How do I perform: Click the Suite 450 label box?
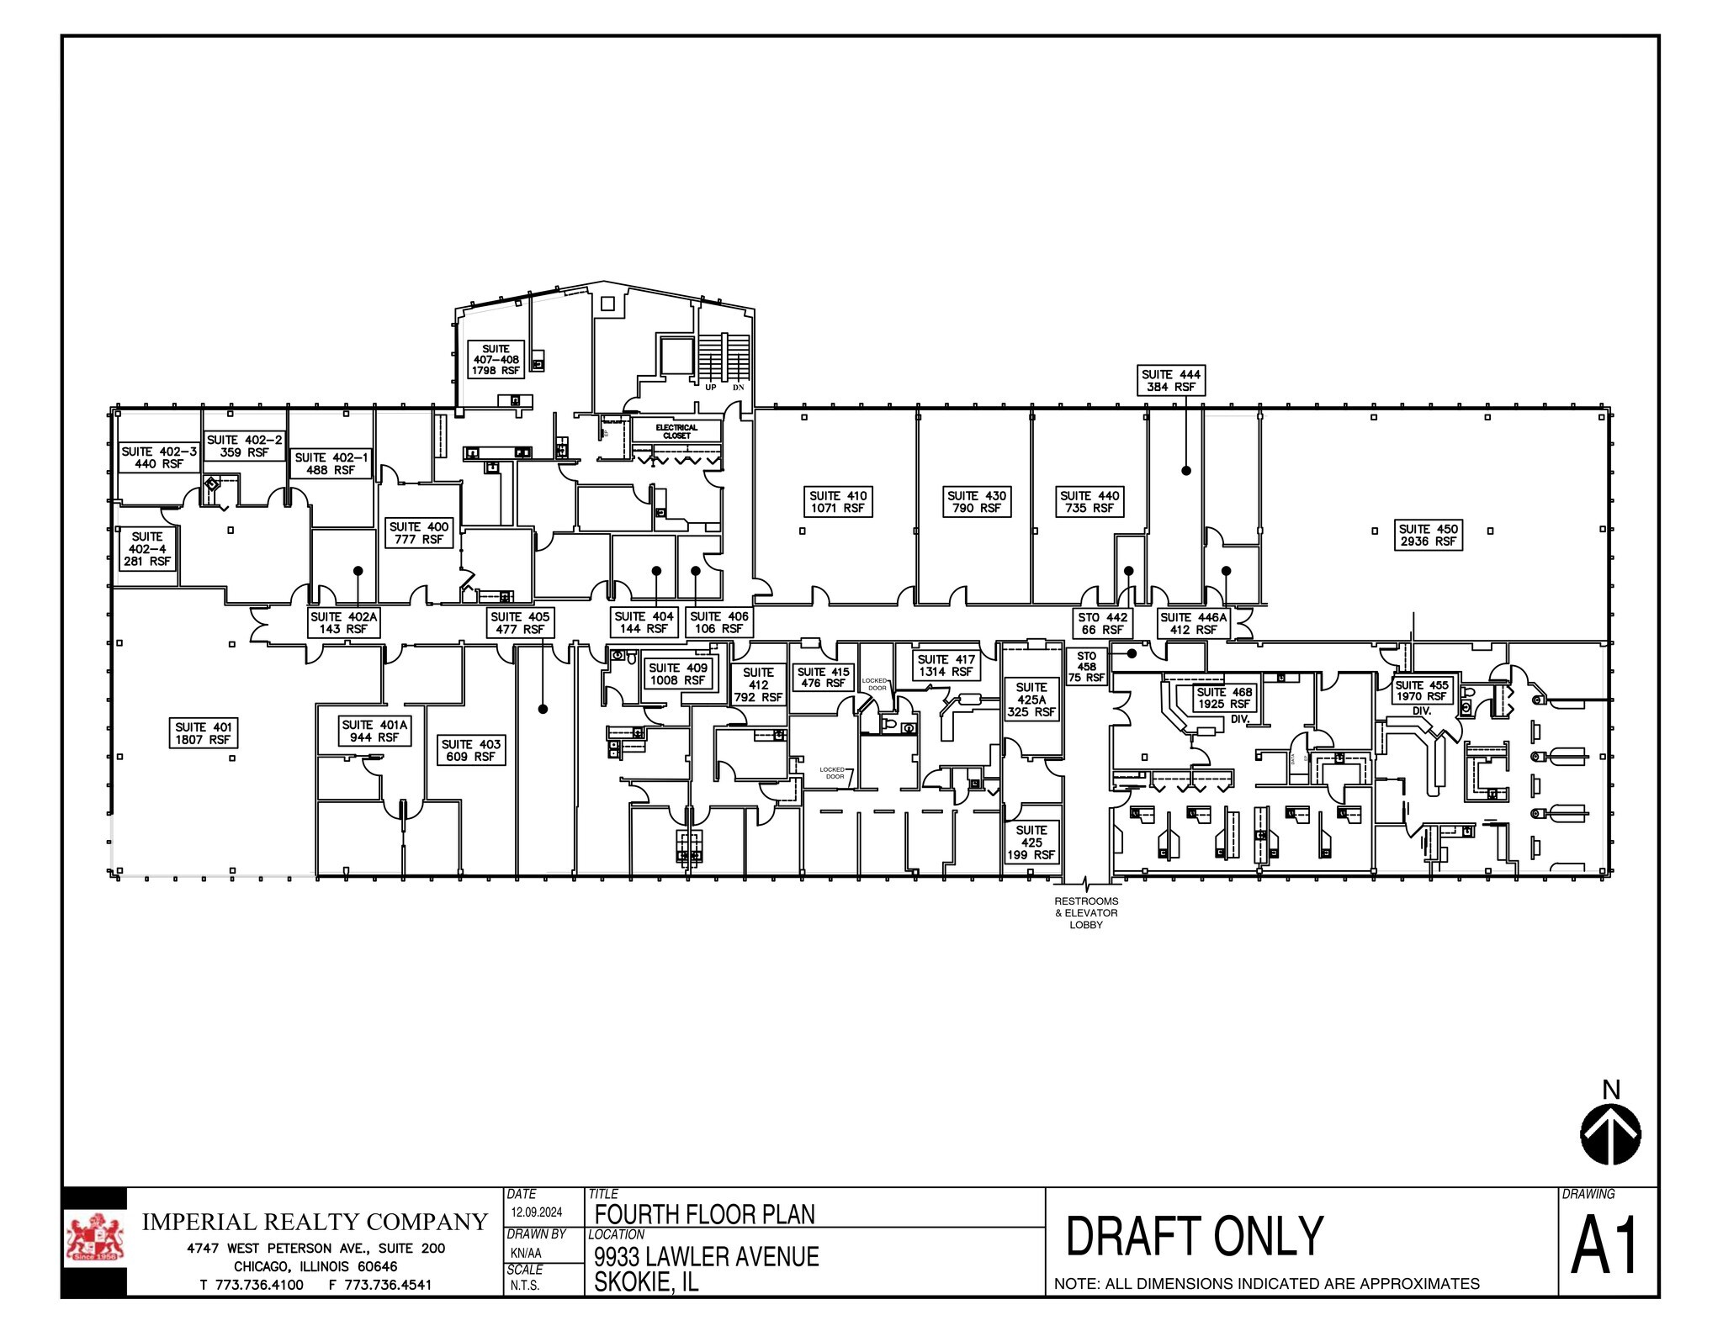pos(1428,535)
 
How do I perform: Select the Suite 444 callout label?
pos(1170,380)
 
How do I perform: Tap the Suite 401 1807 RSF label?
pos(202,733)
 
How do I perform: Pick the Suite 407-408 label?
pos(496,359)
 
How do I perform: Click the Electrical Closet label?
pos(676,431)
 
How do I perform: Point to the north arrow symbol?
pos(1610,1134)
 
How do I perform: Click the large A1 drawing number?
pos(1605,1247)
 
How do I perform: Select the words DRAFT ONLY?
pos(1195,1236)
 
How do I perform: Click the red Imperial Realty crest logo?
pos(95,1239)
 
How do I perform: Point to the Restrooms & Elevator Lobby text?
pos(1086,912)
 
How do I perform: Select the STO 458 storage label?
pos(1086,666)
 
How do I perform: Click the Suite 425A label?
pos(1031,700)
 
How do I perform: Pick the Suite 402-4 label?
pos(147,548)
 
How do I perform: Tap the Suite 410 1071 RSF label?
pos(838,502)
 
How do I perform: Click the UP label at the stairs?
pos(711,388)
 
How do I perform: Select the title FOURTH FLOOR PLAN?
pos(705,1214)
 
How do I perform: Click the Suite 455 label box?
pos(1422,690)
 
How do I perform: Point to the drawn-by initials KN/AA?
pos(526,1253)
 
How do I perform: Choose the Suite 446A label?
pos(1193,623)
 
